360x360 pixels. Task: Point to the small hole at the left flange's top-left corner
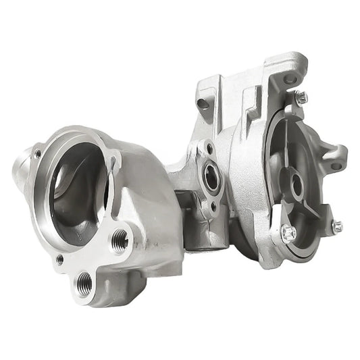pyautogui.click(x=38, y=153)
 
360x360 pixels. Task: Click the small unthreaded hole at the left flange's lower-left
pyautogui.click(x=59, y=259)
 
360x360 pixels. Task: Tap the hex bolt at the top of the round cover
pyautogui.click(x=301, y=97)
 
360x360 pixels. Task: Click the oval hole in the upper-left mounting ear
pyautogui.click(x=203, y=105)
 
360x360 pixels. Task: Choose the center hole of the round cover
pyautogui.click(x=296, y=182)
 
